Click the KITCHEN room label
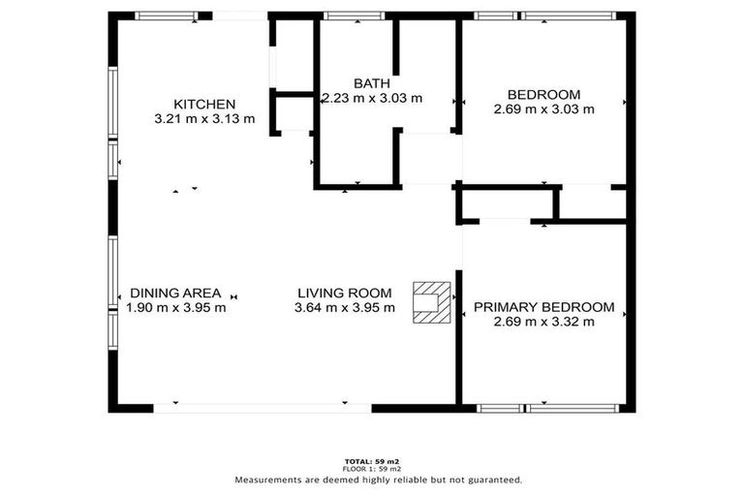coord(203,105)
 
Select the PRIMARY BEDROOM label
coord(543,307)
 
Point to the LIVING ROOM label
coord(344,293)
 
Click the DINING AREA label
coord(175,293)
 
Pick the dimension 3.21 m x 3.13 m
coord(203,119)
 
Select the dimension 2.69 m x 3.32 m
coord(543,322)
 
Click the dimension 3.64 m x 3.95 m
coord(344,308)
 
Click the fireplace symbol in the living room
coord(431,300)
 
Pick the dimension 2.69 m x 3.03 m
coord(543,109)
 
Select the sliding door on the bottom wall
coord(262,408)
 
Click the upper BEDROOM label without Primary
coord(543,94)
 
